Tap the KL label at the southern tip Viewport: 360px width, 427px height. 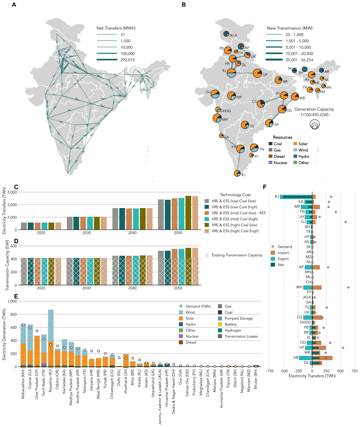[243, 175]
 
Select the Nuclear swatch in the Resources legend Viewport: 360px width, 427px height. [270, 163]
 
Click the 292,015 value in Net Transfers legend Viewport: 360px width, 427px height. [128, 60]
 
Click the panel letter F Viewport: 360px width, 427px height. [264, 187]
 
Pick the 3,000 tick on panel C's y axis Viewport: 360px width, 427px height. [12, 192]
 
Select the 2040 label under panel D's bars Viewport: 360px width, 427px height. [132, 288]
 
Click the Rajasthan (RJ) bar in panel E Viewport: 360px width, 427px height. [51, 338]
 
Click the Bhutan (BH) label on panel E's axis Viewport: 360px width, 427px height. [256, 379]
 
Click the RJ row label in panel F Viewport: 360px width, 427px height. [277, 197]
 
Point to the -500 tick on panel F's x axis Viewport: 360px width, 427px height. [284, 371]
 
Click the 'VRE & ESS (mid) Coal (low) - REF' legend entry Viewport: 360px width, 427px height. [239, 213]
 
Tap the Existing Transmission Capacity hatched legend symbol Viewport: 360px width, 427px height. [207, 255]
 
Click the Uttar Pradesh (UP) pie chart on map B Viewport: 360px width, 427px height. [258, 73]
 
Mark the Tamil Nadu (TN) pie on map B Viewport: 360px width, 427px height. [254, 148]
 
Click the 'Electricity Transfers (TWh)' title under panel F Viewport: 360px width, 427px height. [312, 376]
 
